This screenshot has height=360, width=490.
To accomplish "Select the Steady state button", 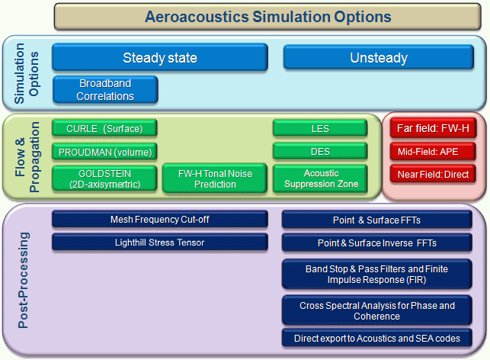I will (x=160, y=58).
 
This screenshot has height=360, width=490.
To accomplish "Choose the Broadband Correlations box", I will (x=105, y=90).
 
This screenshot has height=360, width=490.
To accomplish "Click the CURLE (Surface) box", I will (x=105, y=129).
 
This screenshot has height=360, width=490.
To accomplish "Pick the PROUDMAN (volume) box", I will (x=105, y=152).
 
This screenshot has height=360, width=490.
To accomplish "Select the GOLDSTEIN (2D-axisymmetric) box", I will (x=105, y=178).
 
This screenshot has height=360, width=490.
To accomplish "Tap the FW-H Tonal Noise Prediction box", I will (x=214, y=178).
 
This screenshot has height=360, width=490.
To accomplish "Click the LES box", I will (x=320, y=129).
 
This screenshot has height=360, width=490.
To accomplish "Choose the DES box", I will (x=320, y=152).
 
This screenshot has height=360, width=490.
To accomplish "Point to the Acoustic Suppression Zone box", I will (x=320, y=178).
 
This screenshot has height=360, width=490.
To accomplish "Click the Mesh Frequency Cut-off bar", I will (x=160, y=220).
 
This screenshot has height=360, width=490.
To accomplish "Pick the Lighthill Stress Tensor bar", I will (x=160, y=243).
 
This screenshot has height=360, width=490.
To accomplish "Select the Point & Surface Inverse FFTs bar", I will (x=377, y=243).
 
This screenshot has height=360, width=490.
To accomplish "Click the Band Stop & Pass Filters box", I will (x=377, y=274).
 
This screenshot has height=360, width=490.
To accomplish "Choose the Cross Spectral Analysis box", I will (x=377, y=310).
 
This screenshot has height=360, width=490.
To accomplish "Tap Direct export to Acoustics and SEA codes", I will (x=377, y=338).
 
